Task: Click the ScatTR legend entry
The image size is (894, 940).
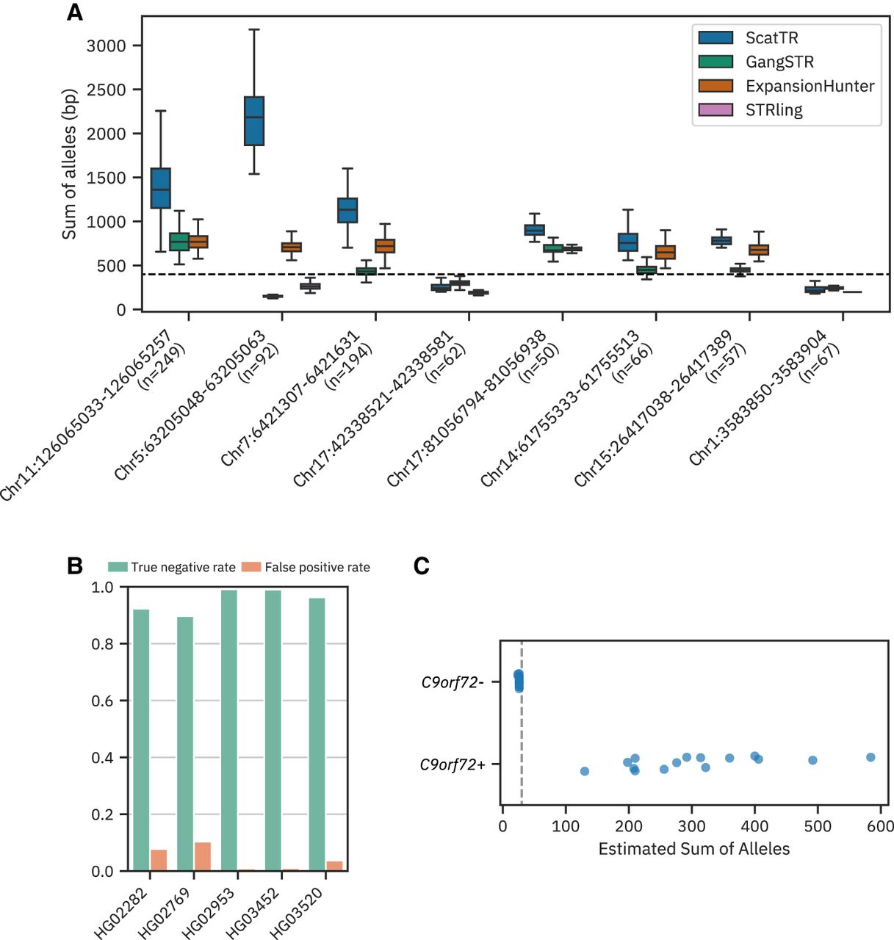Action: coord(771,38)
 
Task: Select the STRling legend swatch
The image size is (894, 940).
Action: coord(715,110)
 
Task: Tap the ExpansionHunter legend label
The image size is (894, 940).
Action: coord(810,87)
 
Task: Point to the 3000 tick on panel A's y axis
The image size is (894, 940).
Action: coord(106,46)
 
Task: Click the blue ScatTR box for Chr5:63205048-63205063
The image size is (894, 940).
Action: coord(254,120)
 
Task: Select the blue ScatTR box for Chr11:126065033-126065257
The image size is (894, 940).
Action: coord(160,188)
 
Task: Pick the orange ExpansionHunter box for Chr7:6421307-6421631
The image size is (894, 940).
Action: coord(385,245)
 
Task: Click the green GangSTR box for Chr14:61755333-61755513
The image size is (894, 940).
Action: coord(646,270)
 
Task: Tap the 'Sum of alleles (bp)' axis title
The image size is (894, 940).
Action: coord(69,164)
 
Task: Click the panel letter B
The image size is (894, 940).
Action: coord(74,566)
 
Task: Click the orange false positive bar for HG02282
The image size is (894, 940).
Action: coord(159,860)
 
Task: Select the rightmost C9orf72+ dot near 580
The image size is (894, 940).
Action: coord(870,757)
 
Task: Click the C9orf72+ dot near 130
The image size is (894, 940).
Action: coord(585,771)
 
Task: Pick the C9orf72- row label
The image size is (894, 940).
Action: coord(453,682)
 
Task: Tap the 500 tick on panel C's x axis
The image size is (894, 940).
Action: coord(818,826)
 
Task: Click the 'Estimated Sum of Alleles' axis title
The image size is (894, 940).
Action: coord(694,849)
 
